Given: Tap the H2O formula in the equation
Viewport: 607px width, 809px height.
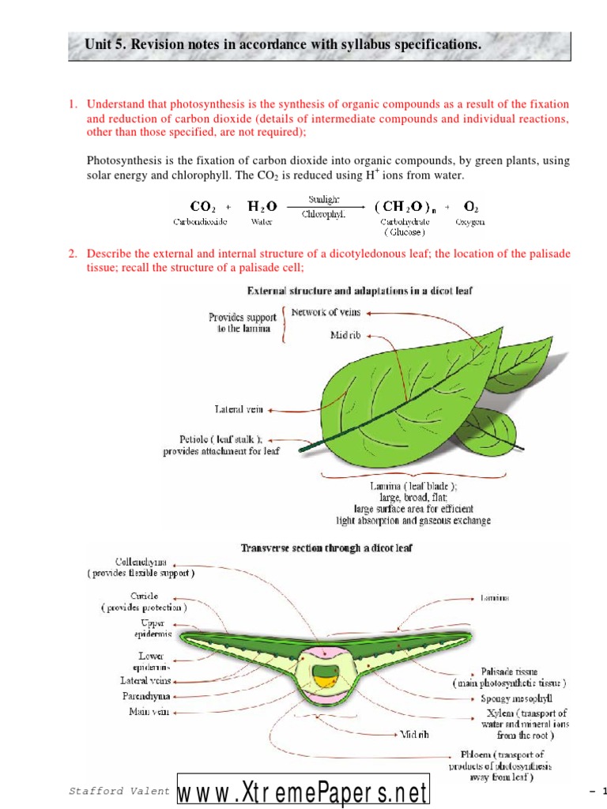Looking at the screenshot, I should (261, 207).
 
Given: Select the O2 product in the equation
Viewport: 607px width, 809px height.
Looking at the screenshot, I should (470, 207).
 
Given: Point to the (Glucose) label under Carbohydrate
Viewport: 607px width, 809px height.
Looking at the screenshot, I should (405, 232).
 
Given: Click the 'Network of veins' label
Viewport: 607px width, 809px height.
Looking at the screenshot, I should (326, 312).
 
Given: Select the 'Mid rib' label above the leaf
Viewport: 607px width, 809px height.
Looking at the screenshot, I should (347, 335).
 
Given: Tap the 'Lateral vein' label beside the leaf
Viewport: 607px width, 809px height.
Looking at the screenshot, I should (240, 410).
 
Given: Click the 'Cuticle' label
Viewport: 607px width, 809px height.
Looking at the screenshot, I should (143, 596).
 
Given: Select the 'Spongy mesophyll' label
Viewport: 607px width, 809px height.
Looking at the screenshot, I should (516, 698).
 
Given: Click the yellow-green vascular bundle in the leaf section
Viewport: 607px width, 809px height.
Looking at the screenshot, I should (325, 675).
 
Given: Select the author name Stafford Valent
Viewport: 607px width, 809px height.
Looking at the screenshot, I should (119, 791).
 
